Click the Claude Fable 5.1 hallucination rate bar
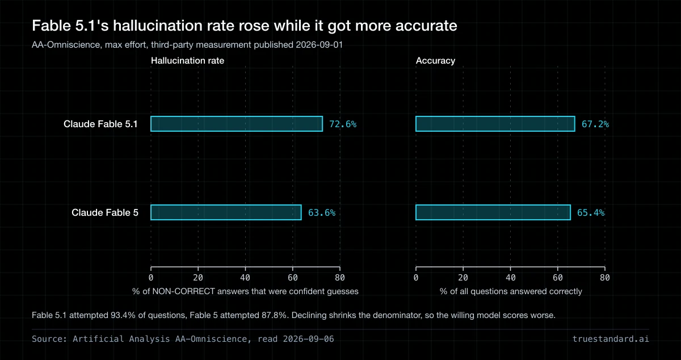(237, 124)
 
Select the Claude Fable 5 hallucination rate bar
(226, 212)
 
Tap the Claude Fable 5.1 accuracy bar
(495, 124)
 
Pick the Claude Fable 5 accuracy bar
(493, 212)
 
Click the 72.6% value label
(343, 124)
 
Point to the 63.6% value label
(322, 213)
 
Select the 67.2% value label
(595, 124)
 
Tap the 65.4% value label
(591, 213)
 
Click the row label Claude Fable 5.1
(100, 124)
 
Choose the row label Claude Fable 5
(105, 212)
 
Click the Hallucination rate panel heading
(188, 61)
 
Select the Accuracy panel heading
(436, 61)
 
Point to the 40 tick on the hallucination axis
(245, 278)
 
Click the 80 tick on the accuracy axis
(605, 278)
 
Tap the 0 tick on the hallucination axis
(151, 278)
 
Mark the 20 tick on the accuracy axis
(463, 278)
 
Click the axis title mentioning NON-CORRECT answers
(245, 291)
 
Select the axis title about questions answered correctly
(511, 291)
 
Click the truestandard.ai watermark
(611, 339)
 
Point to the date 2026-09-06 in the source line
(308, 339)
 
